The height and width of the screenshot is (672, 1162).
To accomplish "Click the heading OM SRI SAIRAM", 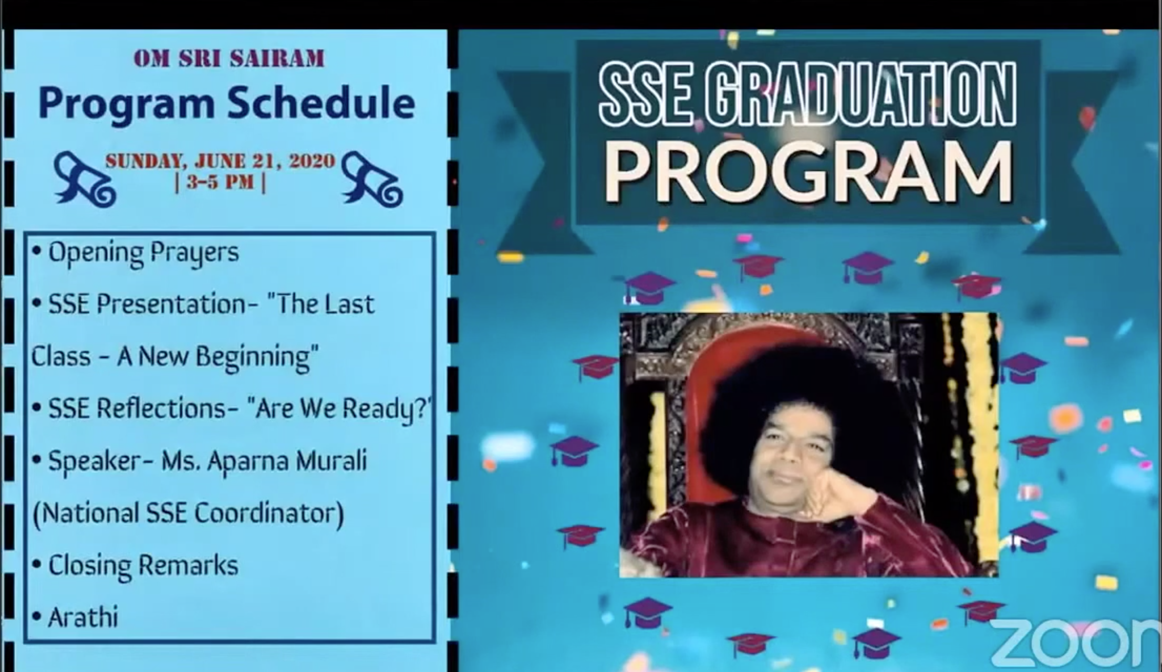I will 229,58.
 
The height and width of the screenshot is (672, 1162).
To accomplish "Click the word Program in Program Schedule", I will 126,104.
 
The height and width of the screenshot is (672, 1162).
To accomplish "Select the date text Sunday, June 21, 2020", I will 220,161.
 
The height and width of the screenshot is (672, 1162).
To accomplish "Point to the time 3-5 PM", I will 220,183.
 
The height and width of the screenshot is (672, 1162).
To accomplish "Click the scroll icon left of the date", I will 85,178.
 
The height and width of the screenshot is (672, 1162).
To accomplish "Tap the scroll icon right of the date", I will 371,178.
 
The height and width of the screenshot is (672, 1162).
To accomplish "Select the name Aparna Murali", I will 286,461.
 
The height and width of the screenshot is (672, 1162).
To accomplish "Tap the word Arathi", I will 83,617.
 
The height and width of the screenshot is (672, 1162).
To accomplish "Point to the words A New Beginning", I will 217,356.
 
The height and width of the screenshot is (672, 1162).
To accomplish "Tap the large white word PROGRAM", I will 809,171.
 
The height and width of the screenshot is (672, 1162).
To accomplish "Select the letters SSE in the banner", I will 646,95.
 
